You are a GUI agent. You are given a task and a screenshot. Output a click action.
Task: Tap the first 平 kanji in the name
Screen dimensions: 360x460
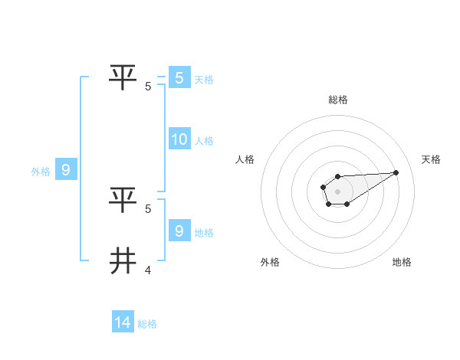(123, 77)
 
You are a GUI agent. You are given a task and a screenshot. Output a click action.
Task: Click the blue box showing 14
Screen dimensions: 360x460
(123, 322)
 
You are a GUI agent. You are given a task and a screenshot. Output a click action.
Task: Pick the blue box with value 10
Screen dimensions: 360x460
(179, 139)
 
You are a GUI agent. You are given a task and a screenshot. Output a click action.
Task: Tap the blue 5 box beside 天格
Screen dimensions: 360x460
(179, 77)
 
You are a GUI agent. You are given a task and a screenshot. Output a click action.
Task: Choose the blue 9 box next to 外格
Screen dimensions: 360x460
(65, 170)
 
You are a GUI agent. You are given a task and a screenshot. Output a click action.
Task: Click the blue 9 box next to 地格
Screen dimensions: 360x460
(179, 231)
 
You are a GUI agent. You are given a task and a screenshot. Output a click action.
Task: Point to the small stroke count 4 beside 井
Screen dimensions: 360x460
(148, 270)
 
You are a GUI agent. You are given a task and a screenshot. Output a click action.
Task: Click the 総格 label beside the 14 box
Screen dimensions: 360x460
(147, 324)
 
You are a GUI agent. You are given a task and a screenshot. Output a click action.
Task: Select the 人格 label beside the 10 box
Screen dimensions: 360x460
(204, 141)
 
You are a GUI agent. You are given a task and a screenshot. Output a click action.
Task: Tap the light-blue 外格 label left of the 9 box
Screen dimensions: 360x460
(41, 172)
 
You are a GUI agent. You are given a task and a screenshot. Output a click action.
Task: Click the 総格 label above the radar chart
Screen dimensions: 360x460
(337, 100)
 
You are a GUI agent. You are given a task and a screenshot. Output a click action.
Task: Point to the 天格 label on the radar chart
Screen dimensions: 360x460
(431, 159)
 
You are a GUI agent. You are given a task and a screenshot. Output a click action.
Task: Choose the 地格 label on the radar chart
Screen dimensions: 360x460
(402, 262)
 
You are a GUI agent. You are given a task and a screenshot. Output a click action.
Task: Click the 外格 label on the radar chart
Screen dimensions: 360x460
(270, 262)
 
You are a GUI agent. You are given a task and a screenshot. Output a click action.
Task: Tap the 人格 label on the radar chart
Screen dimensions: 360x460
(245, 159)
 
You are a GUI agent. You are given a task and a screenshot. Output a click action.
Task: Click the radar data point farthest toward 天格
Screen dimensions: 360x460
(396, 172)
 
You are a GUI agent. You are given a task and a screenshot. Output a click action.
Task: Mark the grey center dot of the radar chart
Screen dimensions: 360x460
(337, 191)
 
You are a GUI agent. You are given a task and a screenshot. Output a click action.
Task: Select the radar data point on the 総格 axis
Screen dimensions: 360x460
(337, 177)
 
